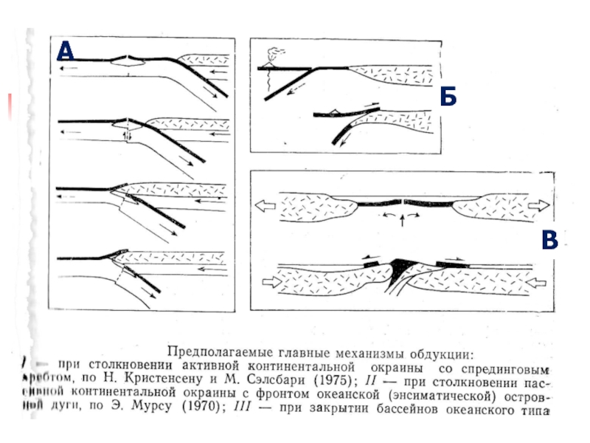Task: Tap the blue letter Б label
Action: (x=448, y=97)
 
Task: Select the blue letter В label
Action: (x=550, y=241)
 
